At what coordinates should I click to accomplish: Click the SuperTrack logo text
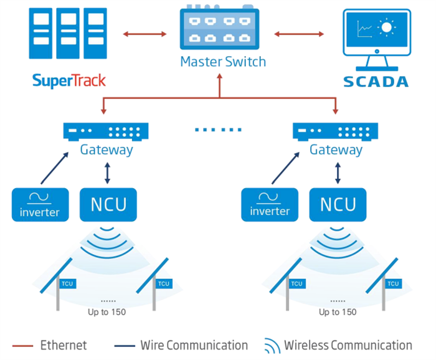click(x=69, y=80)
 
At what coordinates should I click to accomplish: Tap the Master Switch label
click(x=222, y=62)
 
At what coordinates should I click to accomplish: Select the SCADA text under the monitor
click(x=376, y=81)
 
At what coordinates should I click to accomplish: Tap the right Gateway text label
click(x=336, y=150)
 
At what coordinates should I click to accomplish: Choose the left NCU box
click(x=107, y=204)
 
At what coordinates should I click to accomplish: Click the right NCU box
click(x=338, y=204)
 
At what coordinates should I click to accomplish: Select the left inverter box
click(x=40, y=205)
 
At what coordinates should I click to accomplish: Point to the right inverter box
click(x=270, y=205)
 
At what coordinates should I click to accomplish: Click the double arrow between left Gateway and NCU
click(x=107, y=173)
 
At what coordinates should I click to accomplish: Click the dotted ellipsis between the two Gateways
click(x=218, y=130)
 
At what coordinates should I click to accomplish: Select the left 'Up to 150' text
click(x=107, y=311)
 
